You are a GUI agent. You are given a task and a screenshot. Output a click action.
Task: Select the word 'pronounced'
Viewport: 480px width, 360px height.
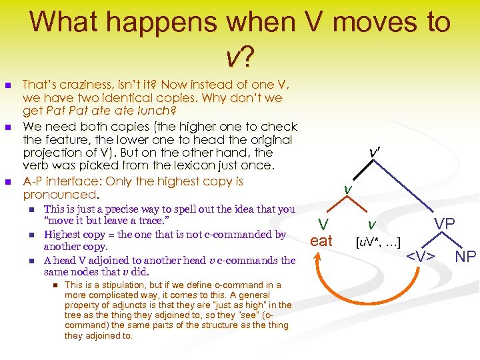[x=59, y=195]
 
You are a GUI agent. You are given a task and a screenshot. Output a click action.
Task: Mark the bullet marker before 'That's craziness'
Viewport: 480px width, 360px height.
[x=8, y=85]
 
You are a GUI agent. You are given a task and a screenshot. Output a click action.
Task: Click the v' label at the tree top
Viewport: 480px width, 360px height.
[x=375, y=153]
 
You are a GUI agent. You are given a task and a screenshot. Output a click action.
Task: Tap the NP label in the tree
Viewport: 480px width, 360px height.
[x=465, y=255]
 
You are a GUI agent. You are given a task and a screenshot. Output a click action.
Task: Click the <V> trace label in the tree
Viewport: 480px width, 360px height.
[x=421, y=255]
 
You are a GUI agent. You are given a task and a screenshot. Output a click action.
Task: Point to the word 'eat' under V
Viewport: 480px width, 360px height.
[x=321, y=241]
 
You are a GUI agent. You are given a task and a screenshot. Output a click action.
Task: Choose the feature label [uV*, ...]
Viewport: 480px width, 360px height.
[x=378, y=240]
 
